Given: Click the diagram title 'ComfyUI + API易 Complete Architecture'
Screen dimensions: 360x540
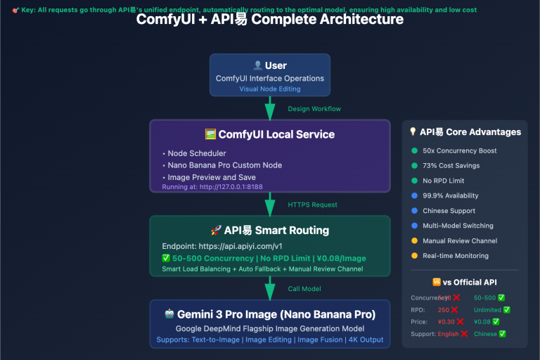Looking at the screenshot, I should pos(269,19).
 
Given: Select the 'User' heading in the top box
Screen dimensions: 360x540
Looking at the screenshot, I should pos(270,65).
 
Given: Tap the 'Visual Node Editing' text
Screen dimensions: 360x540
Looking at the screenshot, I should pos(270,89).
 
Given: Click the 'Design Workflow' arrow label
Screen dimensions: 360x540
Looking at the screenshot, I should pos(314,109).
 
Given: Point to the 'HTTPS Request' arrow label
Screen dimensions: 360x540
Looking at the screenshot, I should pos(313,205).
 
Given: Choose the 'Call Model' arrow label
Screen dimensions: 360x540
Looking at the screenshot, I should pos(304,288).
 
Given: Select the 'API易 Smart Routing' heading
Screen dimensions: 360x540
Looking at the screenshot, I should pos(269,230).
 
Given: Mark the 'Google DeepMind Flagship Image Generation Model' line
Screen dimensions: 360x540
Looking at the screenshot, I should pos(269,328).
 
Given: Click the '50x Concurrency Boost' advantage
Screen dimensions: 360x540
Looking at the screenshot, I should pos(460,150).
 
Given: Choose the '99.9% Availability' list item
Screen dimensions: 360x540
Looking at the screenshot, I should pos(451,195).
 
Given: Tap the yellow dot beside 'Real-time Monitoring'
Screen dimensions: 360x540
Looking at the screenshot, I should pos(413,255).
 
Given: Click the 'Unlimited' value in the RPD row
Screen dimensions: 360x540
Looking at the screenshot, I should pos(488,309).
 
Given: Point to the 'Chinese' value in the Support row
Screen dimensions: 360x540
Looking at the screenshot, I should pos(485,333).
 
